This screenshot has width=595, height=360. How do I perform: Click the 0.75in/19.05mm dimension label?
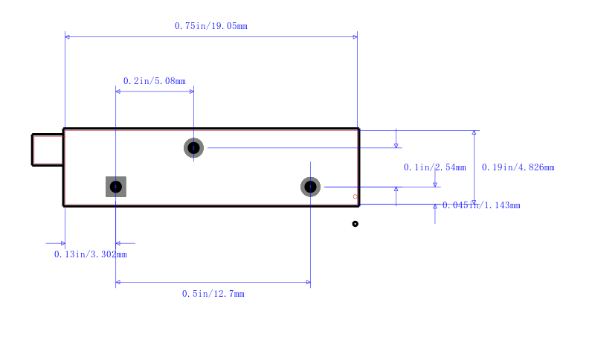210,26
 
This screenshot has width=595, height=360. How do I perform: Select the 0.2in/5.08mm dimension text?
154,81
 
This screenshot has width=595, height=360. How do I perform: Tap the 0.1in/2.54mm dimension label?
434,167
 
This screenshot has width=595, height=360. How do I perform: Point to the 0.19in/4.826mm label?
518,167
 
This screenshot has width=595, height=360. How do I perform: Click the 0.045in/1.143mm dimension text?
481,205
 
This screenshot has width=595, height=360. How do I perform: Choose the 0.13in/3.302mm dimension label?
90,254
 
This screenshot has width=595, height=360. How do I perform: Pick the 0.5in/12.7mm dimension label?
213,294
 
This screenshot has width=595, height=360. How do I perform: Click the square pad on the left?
116,187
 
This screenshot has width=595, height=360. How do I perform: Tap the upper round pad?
193,148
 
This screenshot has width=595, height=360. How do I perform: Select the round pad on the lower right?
310,187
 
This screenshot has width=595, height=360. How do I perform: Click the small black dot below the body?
356,224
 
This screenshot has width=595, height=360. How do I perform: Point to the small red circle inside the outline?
356,196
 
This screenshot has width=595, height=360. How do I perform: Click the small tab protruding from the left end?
48,150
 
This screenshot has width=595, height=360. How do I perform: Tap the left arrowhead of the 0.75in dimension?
68,36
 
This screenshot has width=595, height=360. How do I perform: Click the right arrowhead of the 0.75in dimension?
355,36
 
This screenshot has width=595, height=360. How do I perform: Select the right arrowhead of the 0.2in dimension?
191,91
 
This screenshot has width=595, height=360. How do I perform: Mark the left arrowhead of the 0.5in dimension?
118,282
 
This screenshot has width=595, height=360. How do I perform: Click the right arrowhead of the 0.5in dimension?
307,282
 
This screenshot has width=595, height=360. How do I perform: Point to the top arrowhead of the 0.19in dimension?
474,133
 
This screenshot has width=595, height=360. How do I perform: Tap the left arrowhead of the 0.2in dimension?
118,91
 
